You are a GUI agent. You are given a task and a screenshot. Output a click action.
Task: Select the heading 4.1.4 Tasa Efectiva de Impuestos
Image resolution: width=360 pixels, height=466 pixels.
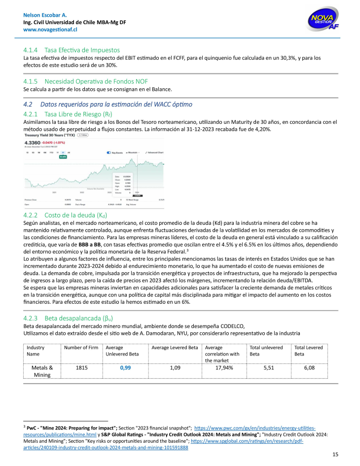pyautogui.click(x=72, y=50)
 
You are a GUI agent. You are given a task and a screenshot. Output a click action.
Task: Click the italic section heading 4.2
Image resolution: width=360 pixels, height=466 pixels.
pyautogui.click(x=108, y=105)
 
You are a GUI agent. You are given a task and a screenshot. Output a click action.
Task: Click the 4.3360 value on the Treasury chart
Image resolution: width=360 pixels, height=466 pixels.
pyautogui.click(x=31, y=143)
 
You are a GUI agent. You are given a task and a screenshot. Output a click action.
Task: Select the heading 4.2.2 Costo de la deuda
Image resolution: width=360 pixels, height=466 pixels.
pyautogui.click(x=65, y=215)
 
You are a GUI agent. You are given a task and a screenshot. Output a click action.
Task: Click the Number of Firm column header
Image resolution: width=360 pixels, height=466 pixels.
pyautogui.click(x=81, y=348)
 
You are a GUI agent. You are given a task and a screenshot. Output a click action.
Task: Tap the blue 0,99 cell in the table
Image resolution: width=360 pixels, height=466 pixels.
pyautogui.click(x=126, y=368)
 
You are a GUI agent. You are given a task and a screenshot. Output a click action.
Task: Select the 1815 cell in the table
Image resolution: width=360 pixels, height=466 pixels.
pyautogui.click(x=82, y=368)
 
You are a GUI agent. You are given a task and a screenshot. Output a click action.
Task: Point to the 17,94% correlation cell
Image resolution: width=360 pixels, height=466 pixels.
pyautogui.click(x=224, y=368)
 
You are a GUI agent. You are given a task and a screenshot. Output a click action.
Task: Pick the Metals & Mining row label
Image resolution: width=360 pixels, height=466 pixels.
pyautogui.click(x=42, y=371)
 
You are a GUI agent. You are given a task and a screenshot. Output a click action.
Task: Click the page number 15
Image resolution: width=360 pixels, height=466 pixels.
pyautogui.click(x=335, y=454)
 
